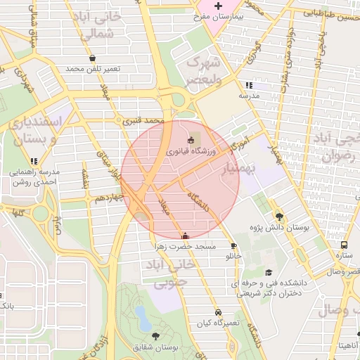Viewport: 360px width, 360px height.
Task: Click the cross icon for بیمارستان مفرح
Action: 218,6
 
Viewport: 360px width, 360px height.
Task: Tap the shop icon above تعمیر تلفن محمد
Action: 93,58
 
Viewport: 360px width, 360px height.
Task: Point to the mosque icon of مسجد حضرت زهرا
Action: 185,236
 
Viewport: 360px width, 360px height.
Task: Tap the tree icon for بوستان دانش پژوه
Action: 280,217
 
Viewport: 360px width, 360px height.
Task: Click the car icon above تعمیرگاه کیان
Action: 218,311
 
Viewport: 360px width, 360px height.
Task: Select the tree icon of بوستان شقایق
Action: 155,336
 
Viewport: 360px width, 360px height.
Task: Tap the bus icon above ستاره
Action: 344,245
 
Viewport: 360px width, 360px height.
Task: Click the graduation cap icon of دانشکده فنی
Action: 268,272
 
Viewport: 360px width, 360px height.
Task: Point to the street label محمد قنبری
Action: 143,121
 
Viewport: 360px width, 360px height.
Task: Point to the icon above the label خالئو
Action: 233,245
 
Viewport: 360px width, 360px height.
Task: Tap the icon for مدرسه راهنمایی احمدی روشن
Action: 14,171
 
